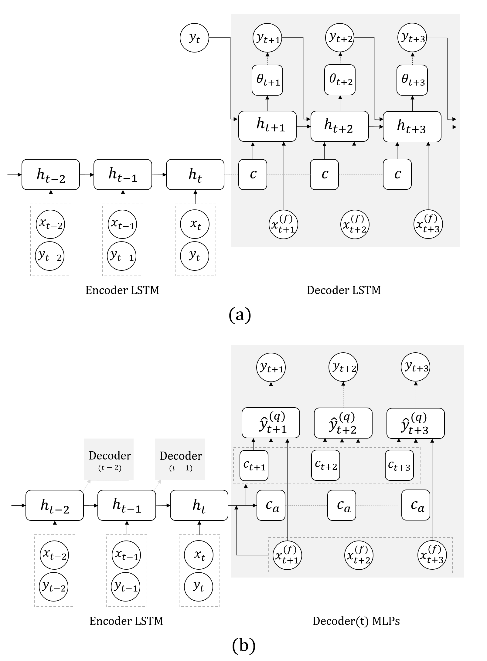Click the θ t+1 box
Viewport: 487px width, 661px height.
pyautogui.click(x=267, y=80)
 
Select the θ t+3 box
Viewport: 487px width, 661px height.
pyautogui.click(x=412, y=80)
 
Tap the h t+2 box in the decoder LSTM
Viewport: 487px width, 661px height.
pyautogui.click(x=340, y=126)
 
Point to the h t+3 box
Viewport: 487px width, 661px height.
pyautogui.click(x=412, y=127)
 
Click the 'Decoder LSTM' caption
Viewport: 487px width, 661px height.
pyautogui.click(x=344, y=290)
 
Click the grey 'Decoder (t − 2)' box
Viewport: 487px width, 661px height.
pyautogui.click(x=109, y=459)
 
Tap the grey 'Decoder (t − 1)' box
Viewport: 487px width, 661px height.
pyautogui.click(x=180, y=459)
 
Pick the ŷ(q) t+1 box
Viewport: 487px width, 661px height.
pyautogui.click(x=271, y=423)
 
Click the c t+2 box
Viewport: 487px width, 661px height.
pyautogui.click(x=326, y=465)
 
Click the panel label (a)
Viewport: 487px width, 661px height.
pyautogui.click(x=240, y=315)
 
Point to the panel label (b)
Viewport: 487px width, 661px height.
pyautogui.click(x=244, y=646)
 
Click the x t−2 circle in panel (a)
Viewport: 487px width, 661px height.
pyautogui.click(x=50, y=224)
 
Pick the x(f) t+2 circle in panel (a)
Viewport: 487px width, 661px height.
pyautogui.click(x=355, y=225)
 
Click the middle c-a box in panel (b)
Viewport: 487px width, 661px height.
pyautogui.click(x=342, y=505)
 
